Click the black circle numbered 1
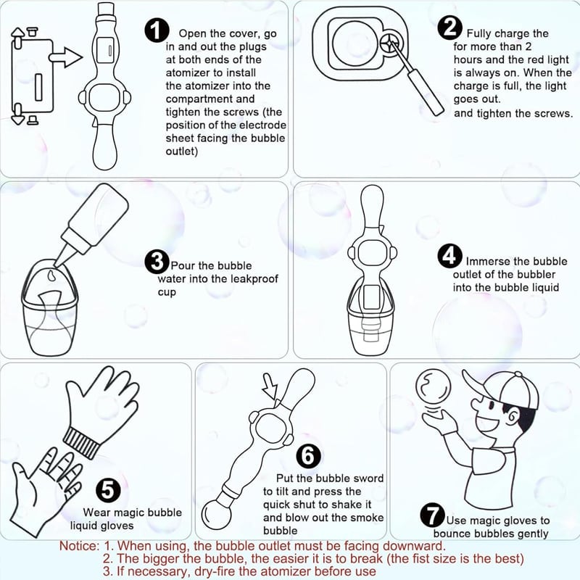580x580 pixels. click(x=157, y=30)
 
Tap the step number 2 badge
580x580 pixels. click(x=449, y=28)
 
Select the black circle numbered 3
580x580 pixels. click(x=157, y=262)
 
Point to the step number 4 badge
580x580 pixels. click(x=449, y=256)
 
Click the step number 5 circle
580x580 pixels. click(x=108, y=491)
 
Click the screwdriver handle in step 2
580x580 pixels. click(x=426, y=91)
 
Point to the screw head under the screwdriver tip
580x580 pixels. click(x=391, y=43)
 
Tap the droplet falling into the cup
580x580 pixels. click(x=51, y=275)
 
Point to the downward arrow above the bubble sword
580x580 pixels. click(x=270, y=386)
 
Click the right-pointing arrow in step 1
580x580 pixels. click(x=65, y=57)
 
